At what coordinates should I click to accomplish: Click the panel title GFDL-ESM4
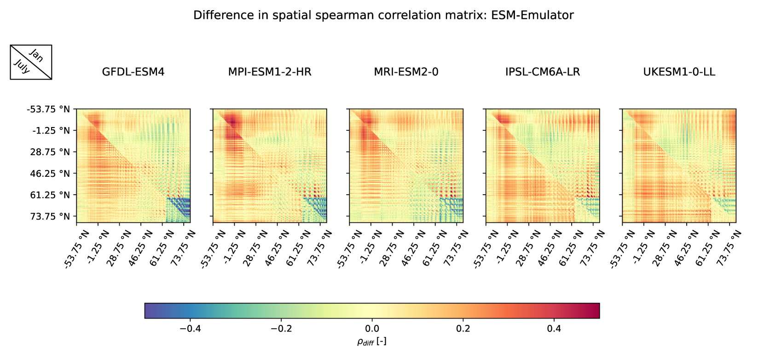click(133, 72)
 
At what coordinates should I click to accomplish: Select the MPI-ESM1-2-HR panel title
click(270, 72)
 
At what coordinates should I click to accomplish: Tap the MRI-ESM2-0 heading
click(406, 72)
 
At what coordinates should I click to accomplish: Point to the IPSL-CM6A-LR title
click(543, 72)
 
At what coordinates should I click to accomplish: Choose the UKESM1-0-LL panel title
click(679, 72)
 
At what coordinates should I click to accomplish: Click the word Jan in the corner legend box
click(36, 56)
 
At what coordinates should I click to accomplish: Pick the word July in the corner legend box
click(22, 67)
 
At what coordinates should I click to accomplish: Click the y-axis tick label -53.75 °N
click(48, 110)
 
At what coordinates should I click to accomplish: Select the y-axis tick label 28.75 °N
click(50, 152)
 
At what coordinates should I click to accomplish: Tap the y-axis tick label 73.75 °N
click(50, 216)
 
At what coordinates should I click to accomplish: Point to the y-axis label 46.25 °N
click(50, 174)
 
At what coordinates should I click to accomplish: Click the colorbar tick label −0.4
click(190, 329)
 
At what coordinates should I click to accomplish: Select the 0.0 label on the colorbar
click(372, 329)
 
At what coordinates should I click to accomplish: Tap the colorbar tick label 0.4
click(554, 329)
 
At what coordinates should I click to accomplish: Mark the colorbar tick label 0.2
click(463, 329)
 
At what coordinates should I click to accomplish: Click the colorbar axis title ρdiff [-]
click(372, 341)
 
